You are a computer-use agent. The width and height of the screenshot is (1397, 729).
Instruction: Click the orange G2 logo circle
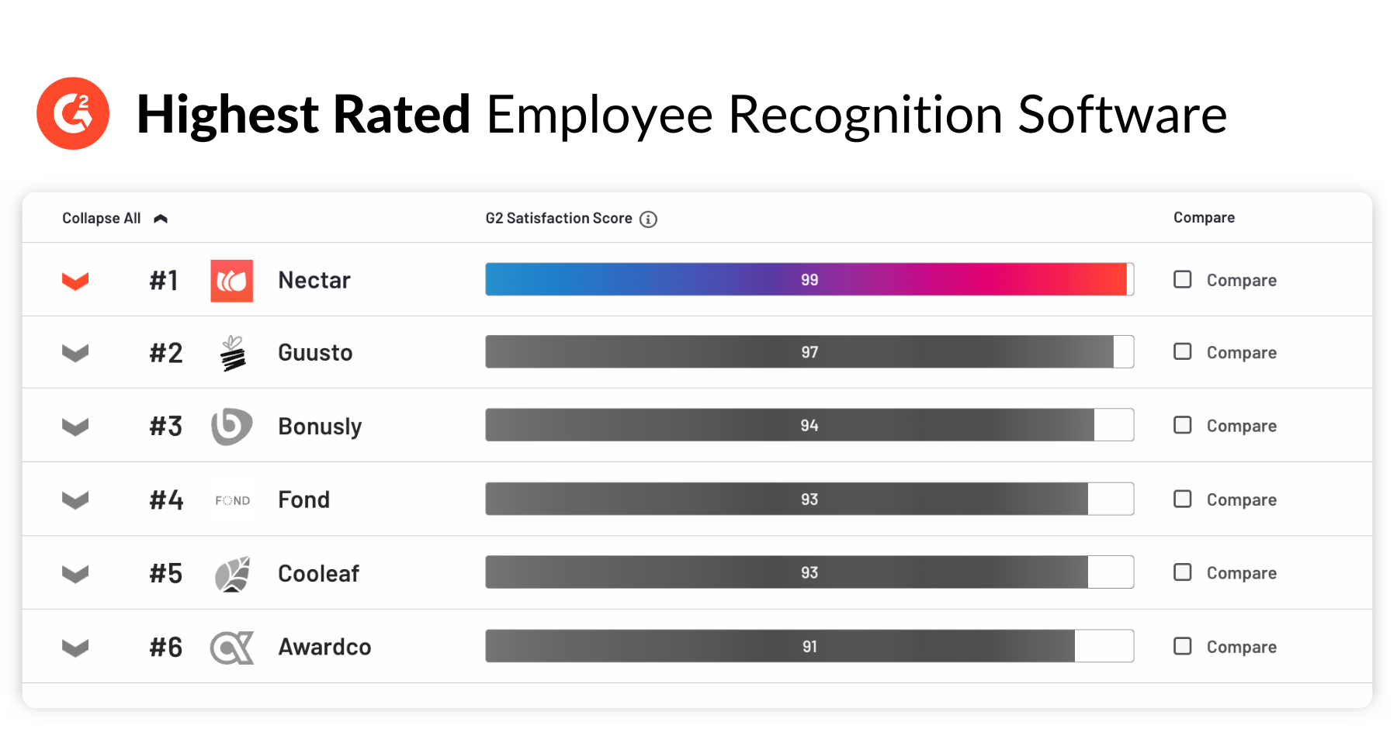[73, 113]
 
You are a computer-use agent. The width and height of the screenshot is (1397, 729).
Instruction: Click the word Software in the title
[1121, 115]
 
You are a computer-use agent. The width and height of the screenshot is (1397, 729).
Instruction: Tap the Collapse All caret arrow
[161, 219]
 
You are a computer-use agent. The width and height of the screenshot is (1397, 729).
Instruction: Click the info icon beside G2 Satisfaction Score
[648, 219]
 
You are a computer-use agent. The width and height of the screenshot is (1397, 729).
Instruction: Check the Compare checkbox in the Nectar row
[1182, 279]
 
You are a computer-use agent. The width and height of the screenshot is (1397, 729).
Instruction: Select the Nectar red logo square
[232, 280]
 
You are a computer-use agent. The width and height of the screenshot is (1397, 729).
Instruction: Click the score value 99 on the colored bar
[809, 280]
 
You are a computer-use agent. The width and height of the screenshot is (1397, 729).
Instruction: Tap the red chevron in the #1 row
[75, 281]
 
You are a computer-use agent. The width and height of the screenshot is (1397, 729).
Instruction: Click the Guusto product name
[315, 353]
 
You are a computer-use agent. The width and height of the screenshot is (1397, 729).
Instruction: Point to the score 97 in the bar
[809, 352]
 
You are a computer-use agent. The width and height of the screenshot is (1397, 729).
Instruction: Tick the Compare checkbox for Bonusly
[1182, 425]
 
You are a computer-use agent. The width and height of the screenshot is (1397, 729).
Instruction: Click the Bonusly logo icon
[231, 426]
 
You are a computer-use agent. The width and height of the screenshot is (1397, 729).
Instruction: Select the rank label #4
[166, 500]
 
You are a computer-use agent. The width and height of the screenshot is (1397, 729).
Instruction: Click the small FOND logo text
[233, 501]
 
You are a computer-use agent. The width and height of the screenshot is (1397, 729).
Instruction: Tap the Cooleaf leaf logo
[232, 574]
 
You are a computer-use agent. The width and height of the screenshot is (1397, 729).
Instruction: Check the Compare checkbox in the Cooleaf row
[1182, 572]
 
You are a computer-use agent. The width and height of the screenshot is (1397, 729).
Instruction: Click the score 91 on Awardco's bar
[809, 647]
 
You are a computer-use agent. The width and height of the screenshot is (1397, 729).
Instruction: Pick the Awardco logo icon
[232, 648]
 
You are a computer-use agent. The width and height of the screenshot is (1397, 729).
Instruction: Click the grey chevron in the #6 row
[75, 648]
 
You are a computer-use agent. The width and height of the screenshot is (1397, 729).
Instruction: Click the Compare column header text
[1204, 218]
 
